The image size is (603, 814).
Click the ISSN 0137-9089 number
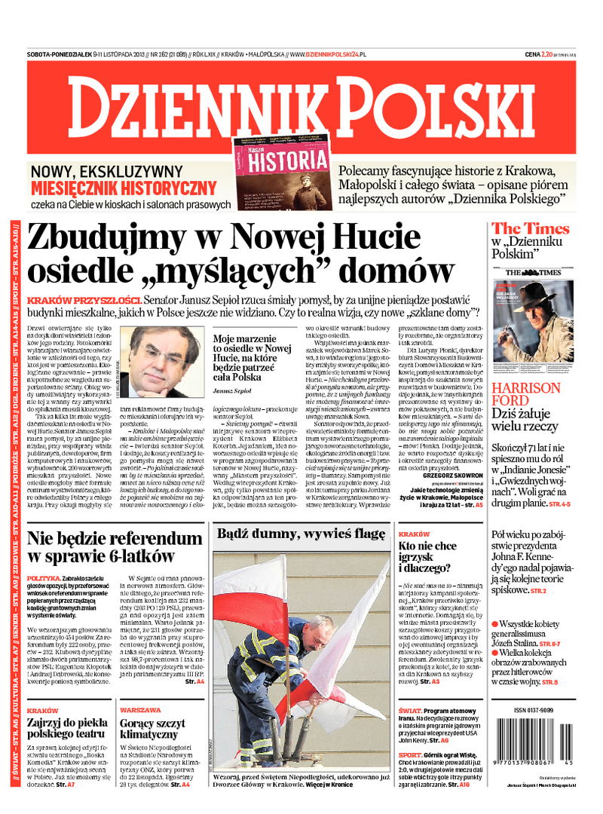tap(532, 711)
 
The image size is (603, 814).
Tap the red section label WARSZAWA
tap(140, 710)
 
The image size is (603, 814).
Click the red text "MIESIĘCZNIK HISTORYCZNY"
tap(124, 188)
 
